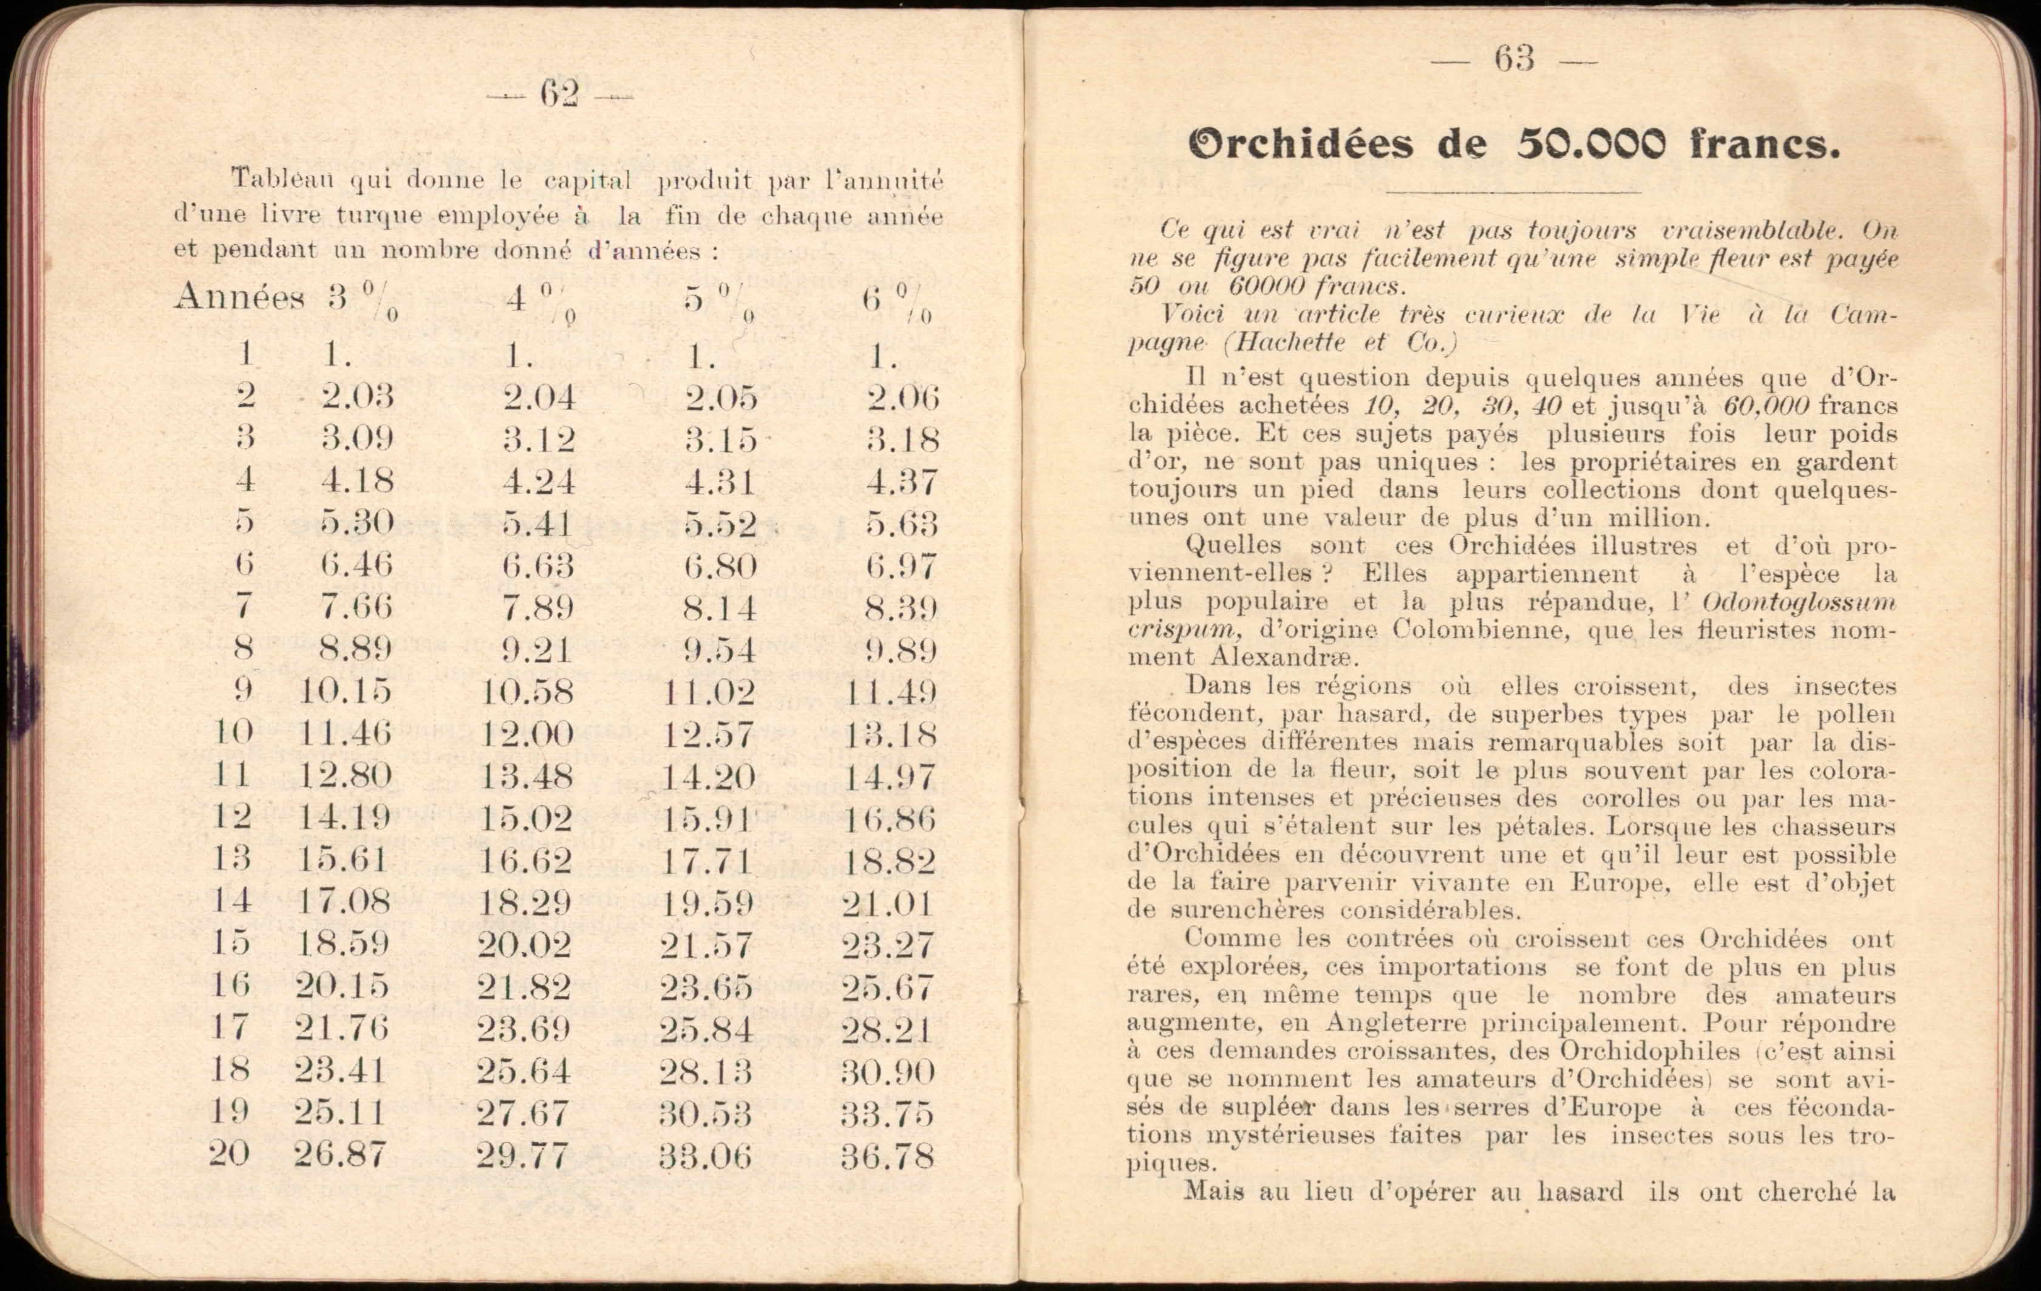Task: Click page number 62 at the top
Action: coord(559,95)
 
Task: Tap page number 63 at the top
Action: coord(1514,60)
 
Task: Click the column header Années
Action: coord(239,298)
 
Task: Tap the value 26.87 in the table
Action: coord(340,1154)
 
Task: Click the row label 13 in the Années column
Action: coord(231,859)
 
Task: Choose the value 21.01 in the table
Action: coord(887,904)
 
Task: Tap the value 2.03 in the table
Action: coord(357,397)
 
